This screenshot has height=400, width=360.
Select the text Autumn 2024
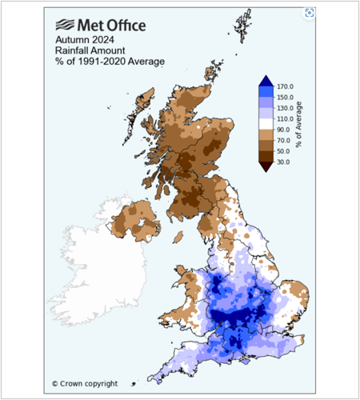pyautogui.click(x=83, y=38)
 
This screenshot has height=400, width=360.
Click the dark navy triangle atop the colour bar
pyautogui.click(x=266, y=81)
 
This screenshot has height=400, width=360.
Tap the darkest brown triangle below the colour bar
pyautogui.click(x=266, y=166)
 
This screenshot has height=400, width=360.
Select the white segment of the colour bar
pyautogui.click(x=266, y=124)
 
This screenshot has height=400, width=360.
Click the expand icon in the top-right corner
pyautogui.click(x=310, y=13)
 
